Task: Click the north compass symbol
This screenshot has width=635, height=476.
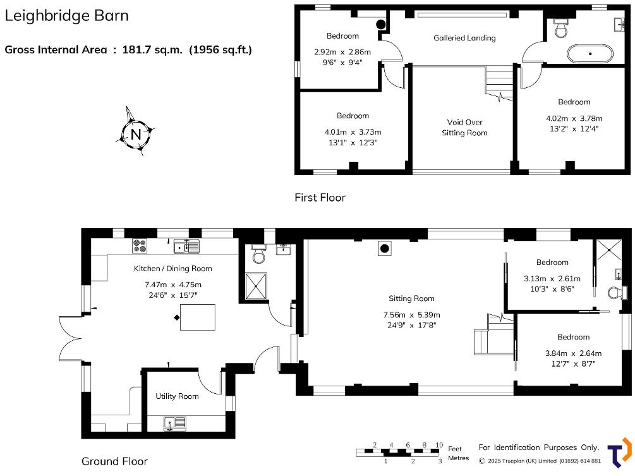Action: click(x=136, y=133)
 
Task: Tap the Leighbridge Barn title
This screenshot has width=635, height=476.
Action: click(x=67, y=16)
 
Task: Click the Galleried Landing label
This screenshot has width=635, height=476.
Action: click(x=464, y=38)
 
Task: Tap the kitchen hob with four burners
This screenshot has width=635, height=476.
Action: click(x=140, y=245)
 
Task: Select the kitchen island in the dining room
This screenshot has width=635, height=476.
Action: click(x=198, y=317)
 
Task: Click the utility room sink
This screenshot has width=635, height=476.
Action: click(x=174, y=422)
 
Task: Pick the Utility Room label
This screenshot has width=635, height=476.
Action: click(x=177, y=396)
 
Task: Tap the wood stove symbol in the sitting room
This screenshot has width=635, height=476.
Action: click(x=384, y=248)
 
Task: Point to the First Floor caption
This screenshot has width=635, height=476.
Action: click(x=320, y=198)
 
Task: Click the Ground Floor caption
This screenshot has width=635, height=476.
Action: click(x=114, y=461)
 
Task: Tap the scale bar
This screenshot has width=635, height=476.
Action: click(x=398, y=452)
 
